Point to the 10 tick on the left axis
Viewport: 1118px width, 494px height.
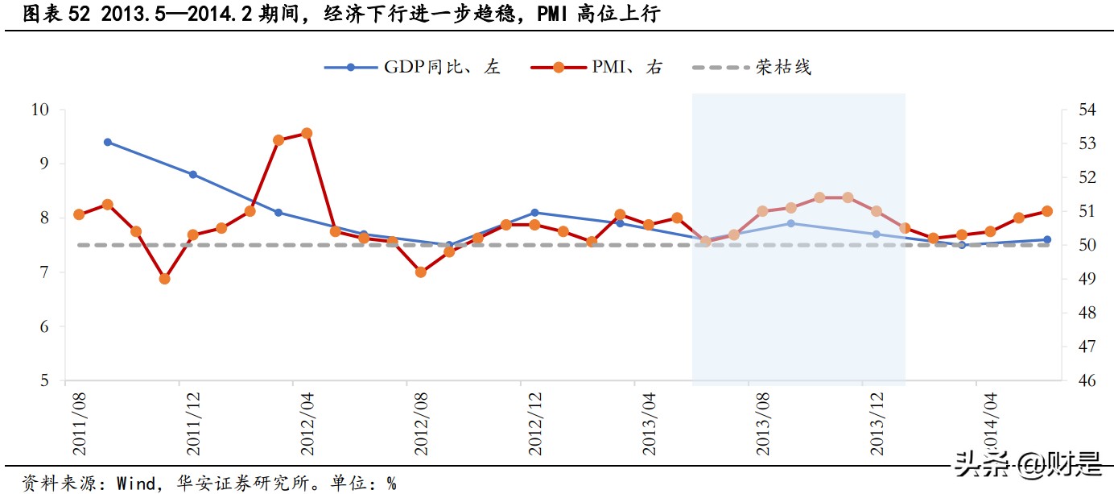pyautogui.click(x=40, y=110)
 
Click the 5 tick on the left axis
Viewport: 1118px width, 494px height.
pyautogui.click(x=45, y=381)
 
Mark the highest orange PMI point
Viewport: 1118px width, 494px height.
pyautogui.click(x=307, y=133)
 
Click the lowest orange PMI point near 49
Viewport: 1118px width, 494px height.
pyautogui.click(x=164, y=279)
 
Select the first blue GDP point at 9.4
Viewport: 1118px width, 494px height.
pyautogui.click(x=108, y=142)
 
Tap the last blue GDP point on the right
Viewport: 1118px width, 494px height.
pyautogui.click(x=1046, y=239)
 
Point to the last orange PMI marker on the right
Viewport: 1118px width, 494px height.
pyautogui.click(x=1046, y=211)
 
